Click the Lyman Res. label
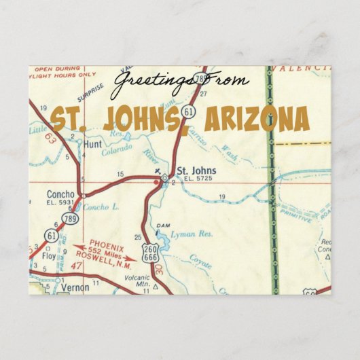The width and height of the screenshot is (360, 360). pos(192,233)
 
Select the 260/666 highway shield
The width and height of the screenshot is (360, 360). pos(158,251)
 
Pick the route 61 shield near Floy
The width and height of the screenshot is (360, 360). pos(52,236)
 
